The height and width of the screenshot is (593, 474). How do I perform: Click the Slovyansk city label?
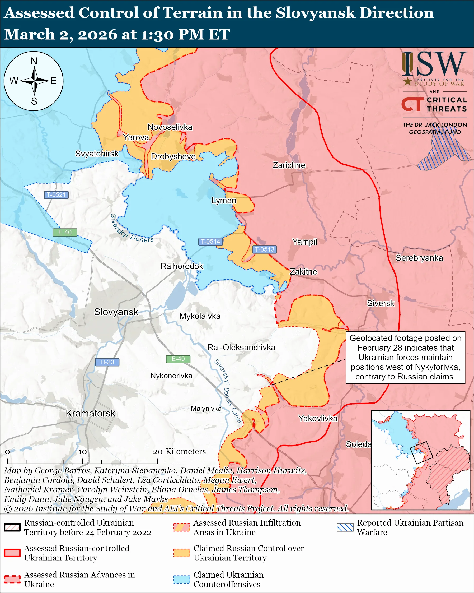[116, 312]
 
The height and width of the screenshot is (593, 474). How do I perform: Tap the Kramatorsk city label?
[90, 413]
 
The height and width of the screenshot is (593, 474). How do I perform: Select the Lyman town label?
[223, 200]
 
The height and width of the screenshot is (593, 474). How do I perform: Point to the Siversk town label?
[380, 303]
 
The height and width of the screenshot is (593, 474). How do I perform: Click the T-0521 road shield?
[56, 195]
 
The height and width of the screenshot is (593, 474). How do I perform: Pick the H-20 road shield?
[107, 362]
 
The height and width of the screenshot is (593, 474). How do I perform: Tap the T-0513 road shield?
[264, 249]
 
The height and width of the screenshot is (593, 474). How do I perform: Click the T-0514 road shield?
[210, 242]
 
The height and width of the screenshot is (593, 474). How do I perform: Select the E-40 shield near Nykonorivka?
[178, 359]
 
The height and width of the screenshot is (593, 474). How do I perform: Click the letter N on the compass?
[34, 61]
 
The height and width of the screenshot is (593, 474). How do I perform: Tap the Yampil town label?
[304, 242]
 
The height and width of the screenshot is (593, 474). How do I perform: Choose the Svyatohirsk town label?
[97, 154]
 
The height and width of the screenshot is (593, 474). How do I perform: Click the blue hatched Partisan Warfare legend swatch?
[345, 527]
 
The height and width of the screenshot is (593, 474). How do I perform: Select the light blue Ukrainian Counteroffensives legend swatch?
[181, 579]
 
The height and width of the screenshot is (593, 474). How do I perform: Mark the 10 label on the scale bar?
[82, 452]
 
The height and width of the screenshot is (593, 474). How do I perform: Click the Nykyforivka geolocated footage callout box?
[405, 357]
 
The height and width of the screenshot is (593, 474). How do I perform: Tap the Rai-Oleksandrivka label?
[241, 348]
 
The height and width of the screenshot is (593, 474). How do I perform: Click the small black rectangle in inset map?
[421, 453]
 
